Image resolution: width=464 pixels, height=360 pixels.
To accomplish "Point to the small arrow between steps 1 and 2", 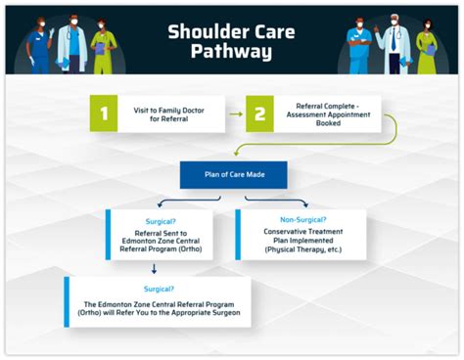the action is pos(234,113).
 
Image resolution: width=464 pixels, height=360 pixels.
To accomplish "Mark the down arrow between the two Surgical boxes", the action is pos(153,268).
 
